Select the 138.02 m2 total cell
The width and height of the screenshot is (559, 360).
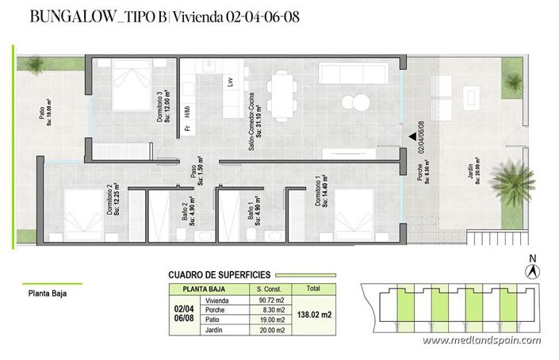pyautogui.click(x=315, y=315)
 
